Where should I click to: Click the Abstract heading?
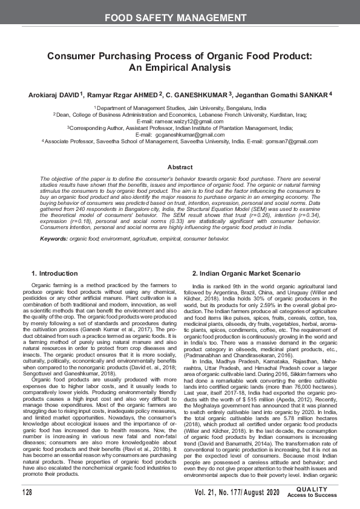[180, 166]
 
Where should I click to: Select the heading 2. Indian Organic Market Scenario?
[238, 274]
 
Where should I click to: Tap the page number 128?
[27, 493]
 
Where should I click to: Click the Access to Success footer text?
[312, 496]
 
